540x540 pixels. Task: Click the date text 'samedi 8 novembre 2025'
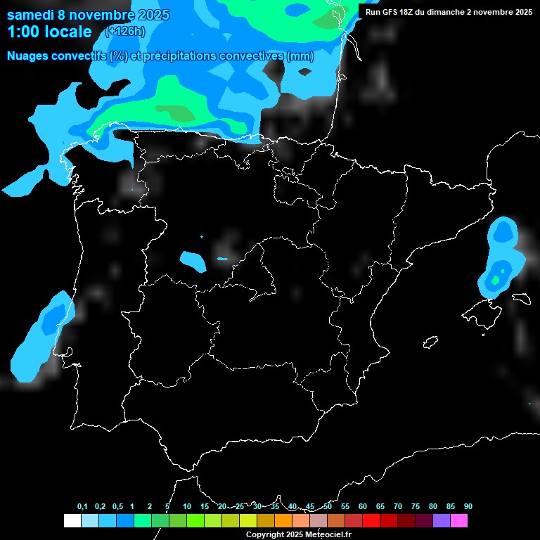coord(88,15)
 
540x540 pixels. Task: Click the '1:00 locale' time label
coord(49,32)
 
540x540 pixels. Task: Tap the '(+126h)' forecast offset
coord(125,32)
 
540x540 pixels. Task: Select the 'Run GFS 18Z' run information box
coord(449,12)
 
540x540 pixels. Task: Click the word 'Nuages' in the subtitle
coord(27,56)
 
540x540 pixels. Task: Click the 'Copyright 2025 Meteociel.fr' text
coord(298,534)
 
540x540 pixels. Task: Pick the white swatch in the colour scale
coord(72,521)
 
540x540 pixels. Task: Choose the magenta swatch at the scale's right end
coord(458,521)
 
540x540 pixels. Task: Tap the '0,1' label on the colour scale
coord(82,507)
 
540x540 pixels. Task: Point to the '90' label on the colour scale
coord(468,507)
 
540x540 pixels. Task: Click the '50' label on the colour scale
coord(328,507)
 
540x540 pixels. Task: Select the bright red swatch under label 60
coord(371,521)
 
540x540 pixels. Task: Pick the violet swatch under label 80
coord(441,521)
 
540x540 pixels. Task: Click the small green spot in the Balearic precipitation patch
coord(496,280)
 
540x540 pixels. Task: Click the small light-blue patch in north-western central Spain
coord(192,261)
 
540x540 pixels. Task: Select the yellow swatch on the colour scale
coord(247,521)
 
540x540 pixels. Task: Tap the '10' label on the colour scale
coord(187,507)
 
